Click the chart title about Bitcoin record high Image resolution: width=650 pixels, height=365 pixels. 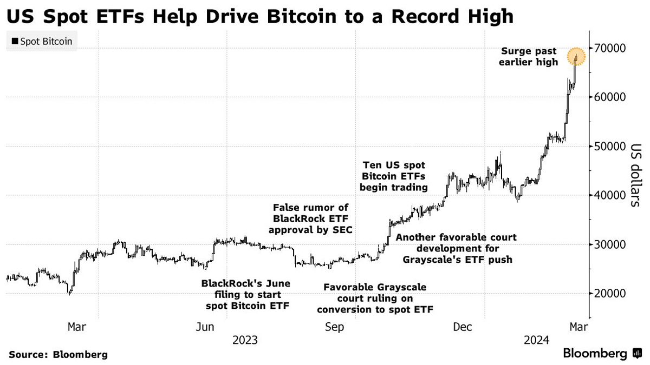pyautogui.click(x=259, y=16)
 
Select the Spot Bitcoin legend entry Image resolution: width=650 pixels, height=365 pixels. pyautogui.click(x=42, y=41)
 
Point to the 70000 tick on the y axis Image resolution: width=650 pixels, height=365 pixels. pyautogui.click(x=612, y=48)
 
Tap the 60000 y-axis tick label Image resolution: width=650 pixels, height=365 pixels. pyautogui.click(x=612, y=97)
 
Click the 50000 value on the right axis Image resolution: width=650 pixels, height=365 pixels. pyautogui.click(x=612, y=147)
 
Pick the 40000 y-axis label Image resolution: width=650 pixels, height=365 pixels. pyautogui.click(x=612, y=195)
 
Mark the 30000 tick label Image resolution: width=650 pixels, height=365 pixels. pyautogui.click(x=612, y=244)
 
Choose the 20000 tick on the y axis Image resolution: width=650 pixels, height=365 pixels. pyautogui.click(x=612, y=294)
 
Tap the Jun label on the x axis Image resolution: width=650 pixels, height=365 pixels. pyautogui.click(x=205, y=327)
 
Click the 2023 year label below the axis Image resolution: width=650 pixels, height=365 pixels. pyautogui.click(x=245, y=341)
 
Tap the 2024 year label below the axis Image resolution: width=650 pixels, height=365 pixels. pyautogui.click(x=537, y=341)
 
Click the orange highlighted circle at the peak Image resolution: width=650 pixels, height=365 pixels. pyautogui.click(x=576, y=56)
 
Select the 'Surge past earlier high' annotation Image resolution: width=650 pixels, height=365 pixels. pyautogui.click(x=529, y=57)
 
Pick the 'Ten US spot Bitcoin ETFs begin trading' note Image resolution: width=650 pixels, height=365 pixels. pyautogui.click(x=395, y=176)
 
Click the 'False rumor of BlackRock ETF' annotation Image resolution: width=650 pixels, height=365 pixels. pyautogui.click(x=311, y=218)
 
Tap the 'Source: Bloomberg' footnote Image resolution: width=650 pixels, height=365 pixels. pyautogui.click(x=58, y=355)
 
